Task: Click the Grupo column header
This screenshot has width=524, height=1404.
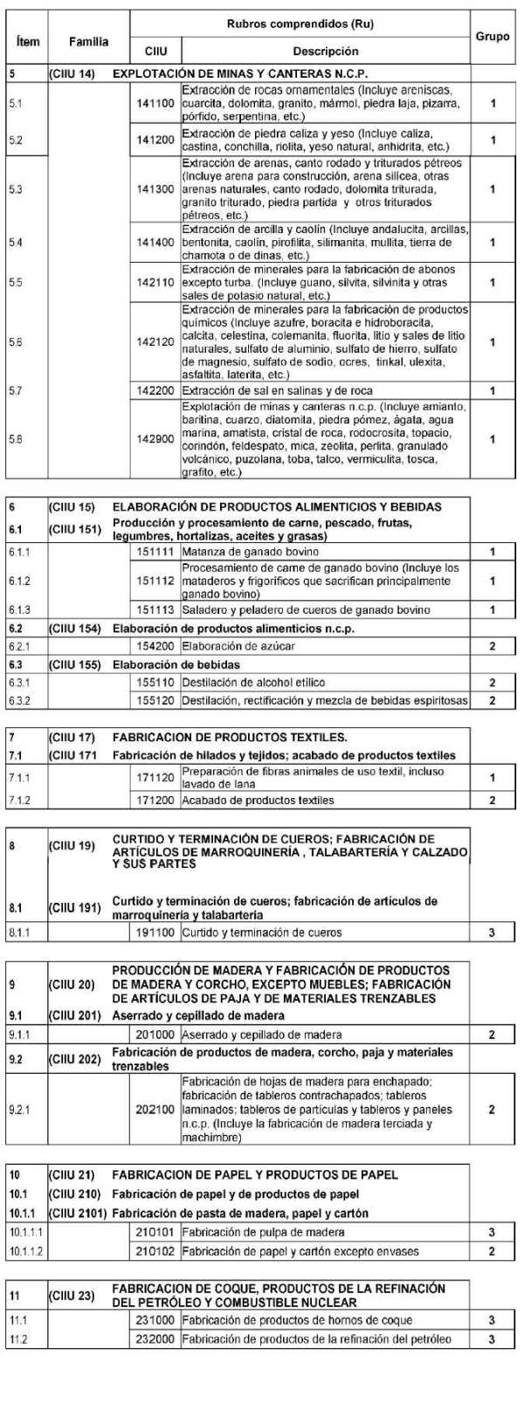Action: click(493, 38)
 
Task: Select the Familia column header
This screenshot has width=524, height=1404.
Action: click(89, 41)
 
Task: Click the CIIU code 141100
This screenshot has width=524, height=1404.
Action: click(155, 104)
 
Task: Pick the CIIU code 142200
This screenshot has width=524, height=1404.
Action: click(155, 390)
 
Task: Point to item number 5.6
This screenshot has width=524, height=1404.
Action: click(16, 342)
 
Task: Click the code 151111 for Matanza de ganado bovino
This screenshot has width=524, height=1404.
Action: click(155, 552)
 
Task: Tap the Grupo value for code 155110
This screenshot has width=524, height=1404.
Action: click(493, 683)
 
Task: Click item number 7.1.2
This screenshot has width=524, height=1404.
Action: click(19, 800)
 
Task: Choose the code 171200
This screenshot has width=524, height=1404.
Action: click(155, 800)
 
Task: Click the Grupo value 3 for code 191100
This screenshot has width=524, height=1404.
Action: click(493, 933)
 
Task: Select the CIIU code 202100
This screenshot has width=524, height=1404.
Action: click(155, 1110)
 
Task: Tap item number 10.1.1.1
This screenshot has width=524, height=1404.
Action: click(24, 1232)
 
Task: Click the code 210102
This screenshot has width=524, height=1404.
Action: click(155, 1251)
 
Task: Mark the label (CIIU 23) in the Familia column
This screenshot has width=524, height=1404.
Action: click(72, 1296)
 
